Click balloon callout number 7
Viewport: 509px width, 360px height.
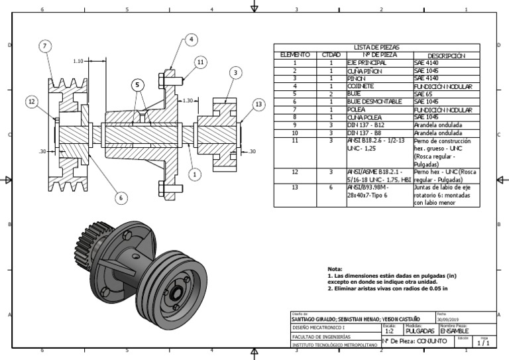click(x=44, y=46)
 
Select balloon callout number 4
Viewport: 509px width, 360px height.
click(x=191, y=40)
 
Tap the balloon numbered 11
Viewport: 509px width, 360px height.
click(x=200, y=62)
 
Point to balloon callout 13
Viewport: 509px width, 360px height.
click(x=258, y=104)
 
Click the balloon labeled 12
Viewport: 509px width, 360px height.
click(x=31, y=101)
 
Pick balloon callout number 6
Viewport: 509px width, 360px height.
click(x=121, y=197)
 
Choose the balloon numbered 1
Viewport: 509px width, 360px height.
click(x=194, y=174)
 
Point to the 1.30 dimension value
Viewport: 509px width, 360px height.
click(x=188, y=101)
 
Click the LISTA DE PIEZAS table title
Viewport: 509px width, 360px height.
click(x=376, y=48)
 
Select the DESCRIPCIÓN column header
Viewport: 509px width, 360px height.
click(x=446, y=56)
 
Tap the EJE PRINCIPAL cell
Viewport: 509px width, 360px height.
click(x=367, y=63)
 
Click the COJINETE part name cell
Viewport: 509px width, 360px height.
click(x=361, y=86)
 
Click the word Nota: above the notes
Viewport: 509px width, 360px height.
click(x=335, y=269)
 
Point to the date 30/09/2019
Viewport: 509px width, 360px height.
click(x=448, y=319)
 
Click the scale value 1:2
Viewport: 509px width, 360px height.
click(x=390, y=330)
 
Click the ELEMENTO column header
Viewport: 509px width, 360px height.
click(x=295, y=56)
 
